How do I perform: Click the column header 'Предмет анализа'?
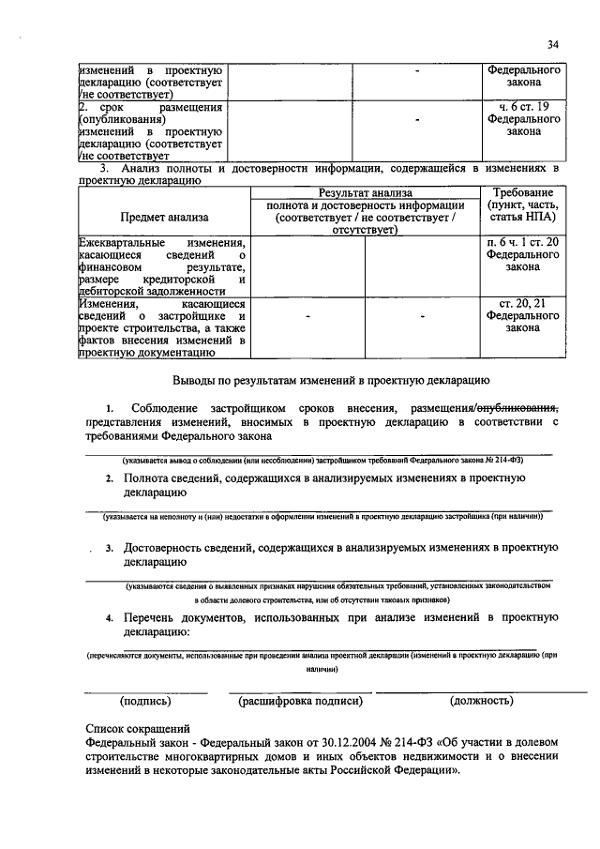coord(164,218)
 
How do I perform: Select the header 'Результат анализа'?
coord(365,192)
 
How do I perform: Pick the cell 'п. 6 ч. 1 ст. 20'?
coord(524,242)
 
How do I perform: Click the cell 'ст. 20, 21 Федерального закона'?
coord(524,316)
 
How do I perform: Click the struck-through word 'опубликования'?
coord(518,409)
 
